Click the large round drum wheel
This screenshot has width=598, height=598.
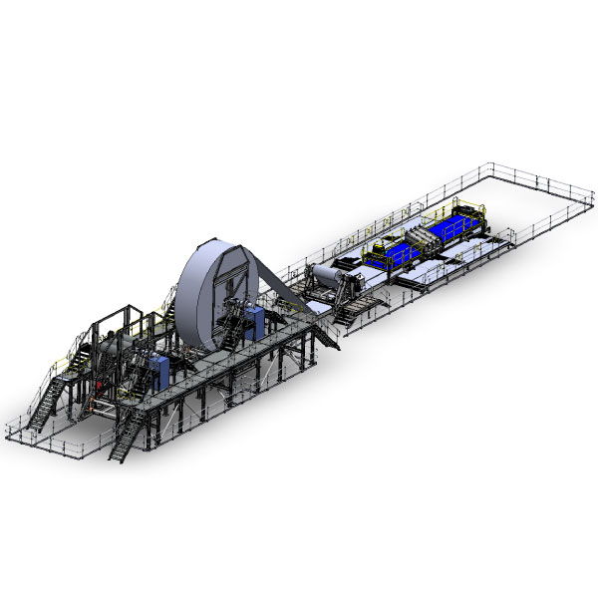tap(211, 289)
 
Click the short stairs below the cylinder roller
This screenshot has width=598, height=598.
tap(349, 311)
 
